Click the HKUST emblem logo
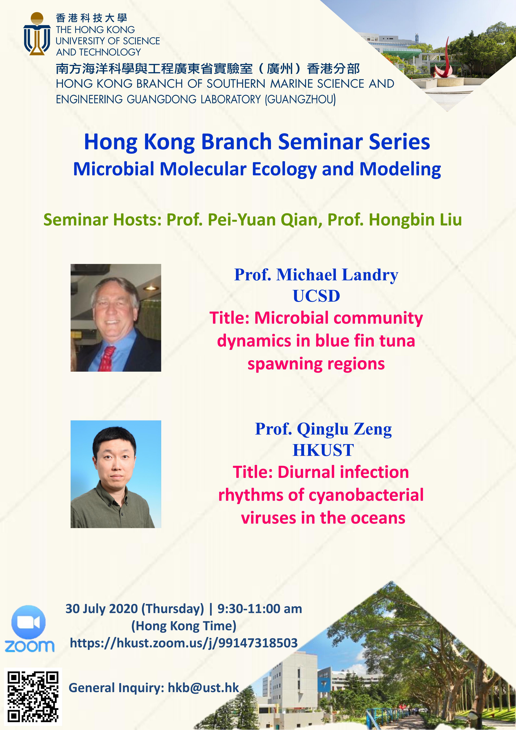tap(37, 34)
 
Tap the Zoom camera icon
tap(29, 622)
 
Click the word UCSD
tap(316, 296)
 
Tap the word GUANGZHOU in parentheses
tap(300, 99)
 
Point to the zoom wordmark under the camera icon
tap(29, 646)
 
